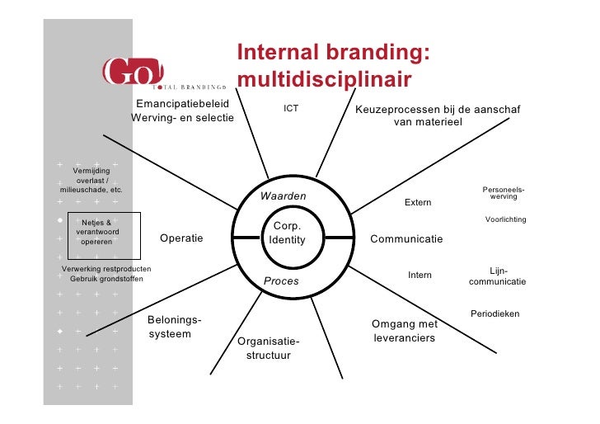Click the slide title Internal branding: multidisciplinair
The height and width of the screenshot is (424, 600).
tap(333, 65)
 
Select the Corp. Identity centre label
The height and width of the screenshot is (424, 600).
tap(287, 233)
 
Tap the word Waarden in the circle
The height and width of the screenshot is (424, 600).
tap(283, 196)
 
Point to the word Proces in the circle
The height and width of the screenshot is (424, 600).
tap(281, 281)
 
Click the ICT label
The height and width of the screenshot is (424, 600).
tap(291, 108)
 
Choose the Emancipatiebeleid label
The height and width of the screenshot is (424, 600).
tap(182, 105)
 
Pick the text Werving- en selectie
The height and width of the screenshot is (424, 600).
tap(182, 119)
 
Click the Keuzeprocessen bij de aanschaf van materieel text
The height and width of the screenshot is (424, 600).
tap(437, 115)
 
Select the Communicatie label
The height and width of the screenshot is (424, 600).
tap(406, 239)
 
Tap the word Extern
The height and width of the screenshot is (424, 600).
tap(417, 203)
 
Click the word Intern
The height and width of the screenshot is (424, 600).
tap(420, 275)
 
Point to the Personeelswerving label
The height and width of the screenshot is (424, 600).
tap(503, 193)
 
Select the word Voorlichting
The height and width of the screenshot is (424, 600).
tap(505, 219)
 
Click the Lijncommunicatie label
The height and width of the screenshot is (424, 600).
tap(498, 276)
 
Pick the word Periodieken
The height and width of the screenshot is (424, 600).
tap(495, 313)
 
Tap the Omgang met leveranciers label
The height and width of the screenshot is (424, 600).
tap(404, 331)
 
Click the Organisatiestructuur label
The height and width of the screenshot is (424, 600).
tap(268, 348)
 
